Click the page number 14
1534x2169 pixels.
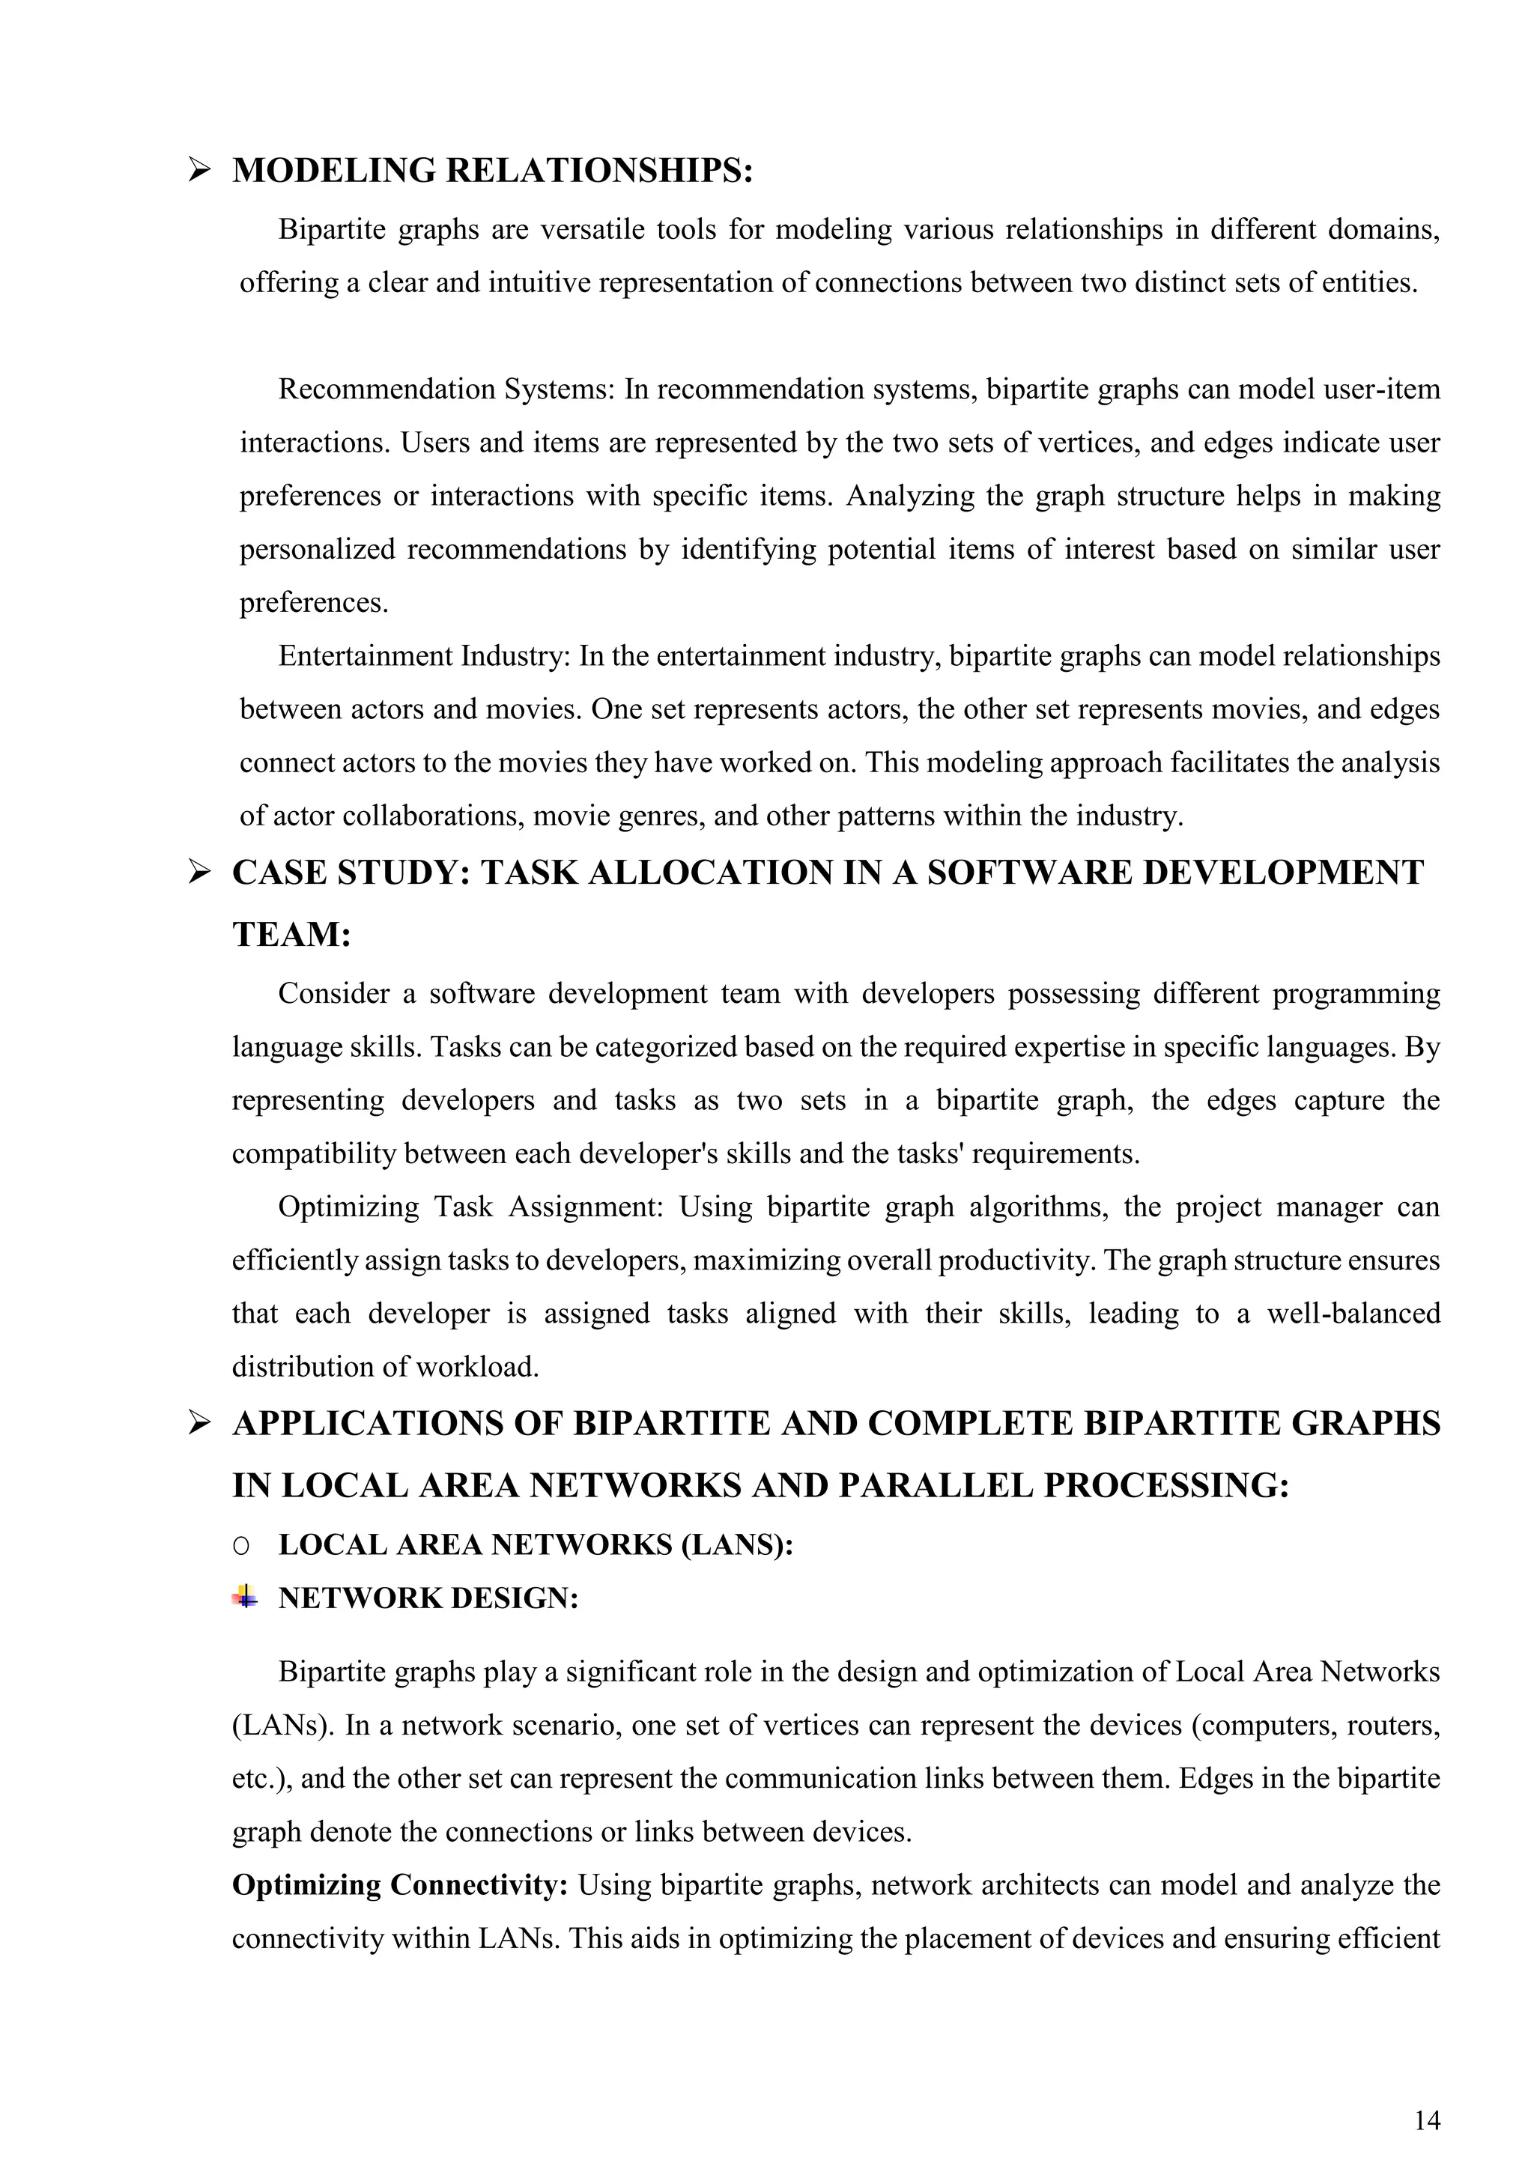coord(1427,2094)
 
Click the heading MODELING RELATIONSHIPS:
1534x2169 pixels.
coord(492,171)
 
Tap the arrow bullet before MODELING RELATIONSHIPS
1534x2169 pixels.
coord(198,171)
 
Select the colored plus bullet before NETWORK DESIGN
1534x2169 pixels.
coord(245,1598)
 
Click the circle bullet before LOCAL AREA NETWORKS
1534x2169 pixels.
coord(241,1546)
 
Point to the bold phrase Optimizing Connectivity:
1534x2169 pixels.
coord(399,1886)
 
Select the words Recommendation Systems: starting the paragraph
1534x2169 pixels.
coord(446,389)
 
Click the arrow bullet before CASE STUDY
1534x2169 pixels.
coord(198,873)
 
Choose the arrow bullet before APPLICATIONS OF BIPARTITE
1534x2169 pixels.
coord(198,1424)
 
